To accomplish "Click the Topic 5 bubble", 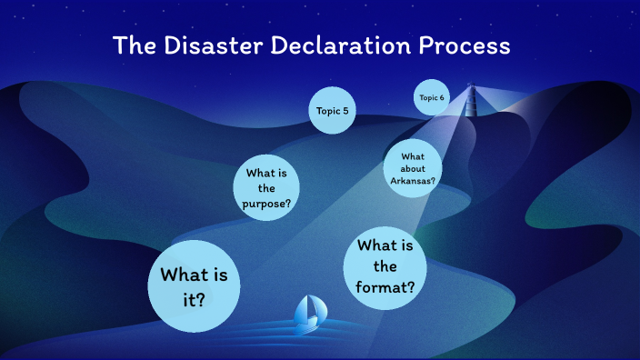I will tap(332, 111).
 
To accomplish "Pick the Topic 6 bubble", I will tap(432, 97).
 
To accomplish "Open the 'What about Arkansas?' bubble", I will tap(414, 169).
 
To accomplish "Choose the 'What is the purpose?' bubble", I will tap(266, 188).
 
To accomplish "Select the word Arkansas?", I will tap(414, 180).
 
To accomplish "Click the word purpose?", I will tap(266, 203).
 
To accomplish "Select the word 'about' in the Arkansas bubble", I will tap(414, 169).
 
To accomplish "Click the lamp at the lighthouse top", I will tap(472, 89).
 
